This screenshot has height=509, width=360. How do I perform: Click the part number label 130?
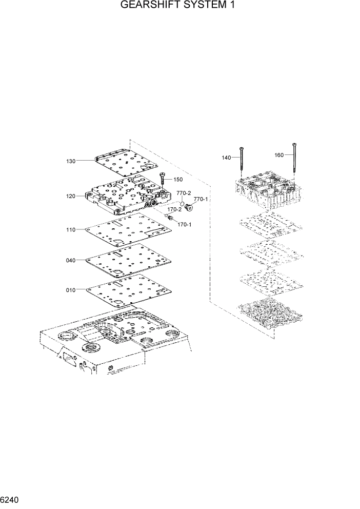click(x=71, y=161)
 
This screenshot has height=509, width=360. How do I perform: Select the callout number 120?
click(x=71, y=196)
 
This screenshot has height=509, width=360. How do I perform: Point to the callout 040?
click(x=71, y=260)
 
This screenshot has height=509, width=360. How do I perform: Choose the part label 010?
click(x=71, y=290)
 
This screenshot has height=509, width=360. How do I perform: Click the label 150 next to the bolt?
click(x=178, y=180)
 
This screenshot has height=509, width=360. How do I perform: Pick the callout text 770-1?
click(x=201, y=199)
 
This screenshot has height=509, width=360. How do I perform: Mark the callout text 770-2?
click(x=184, y=193)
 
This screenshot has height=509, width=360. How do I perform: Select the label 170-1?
click(x=185, y=224)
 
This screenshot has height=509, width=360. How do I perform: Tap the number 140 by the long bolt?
click(x=227, y=158)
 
